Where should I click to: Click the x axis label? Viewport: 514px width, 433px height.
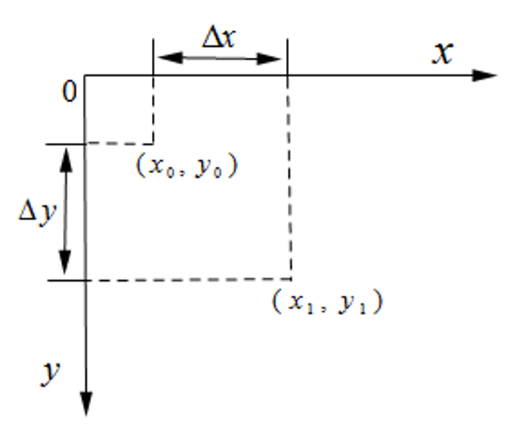[x=442, y=53]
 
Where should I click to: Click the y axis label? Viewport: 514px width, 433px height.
[x=50, y=373]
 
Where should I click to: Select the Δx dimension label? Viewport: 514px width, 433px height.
[x=219, y=38]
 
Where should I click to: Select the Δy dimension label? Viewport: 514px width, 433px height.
[x=37, y=213]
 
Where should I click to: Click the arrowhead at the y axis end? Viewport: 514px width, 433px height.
[x=87, y=403]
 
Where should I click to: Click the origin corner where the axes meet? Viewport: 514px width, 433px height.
[x=86, y=76]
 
